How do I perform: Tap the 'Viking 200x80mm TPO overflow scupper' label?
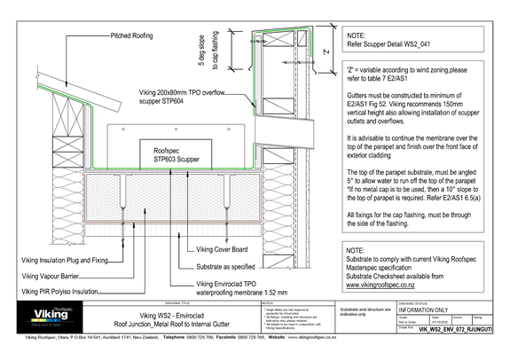191,96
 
